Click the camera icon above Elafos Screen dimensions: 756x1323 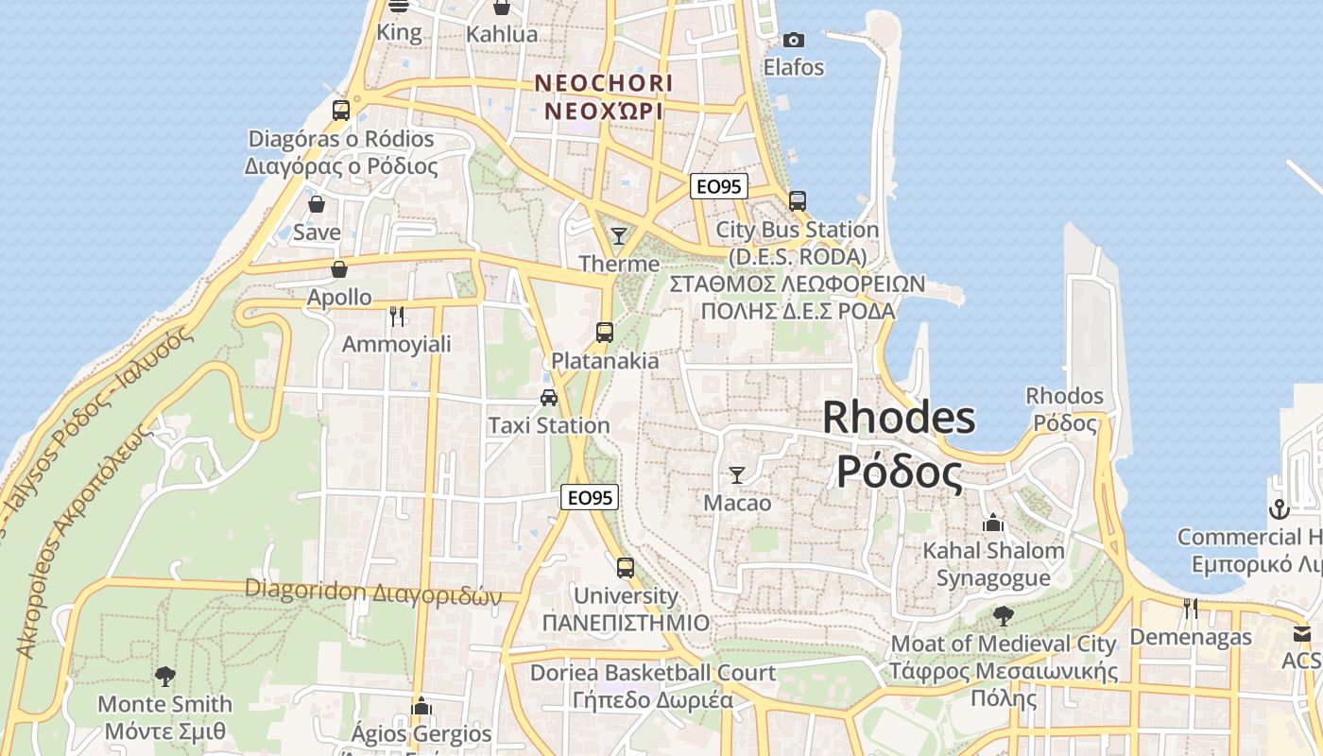click(794, 40)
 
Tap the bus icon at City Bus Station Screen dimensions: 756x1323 click(798, 200)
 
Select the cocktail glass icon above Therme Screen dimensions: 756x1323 click(619, 235)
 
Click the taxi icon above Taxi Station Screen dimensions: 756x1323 click(549, 397)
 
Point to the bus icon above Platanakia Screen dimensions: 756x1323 click(605, 333)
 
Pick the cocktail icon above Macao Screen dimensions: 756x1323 click(737, 474)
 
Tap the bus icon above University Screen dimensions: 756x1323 click(626, 568)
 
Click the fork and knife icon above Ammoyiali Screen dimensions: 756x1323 click(397, 316)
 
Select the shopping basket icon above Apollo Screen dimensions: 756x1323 click(339, 269)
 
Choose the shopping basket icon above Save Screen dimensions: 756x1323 click(317, 204)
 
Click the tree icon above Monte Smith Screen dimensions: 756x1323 click(165, 676)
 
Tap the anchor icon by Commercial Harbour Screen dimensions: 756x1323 click(1279, 509)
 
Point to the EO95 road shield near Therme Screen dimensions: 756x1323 click(718, 186)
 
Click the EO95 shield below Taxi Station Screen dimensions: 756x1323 click(590, 497)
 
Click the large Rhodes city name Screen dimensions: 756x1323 click(899, 444)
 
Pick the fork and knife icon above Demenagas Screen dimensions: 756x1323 click(1191, 609)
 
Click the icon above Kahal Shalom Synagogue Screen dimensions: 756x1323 click(993, 522)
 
